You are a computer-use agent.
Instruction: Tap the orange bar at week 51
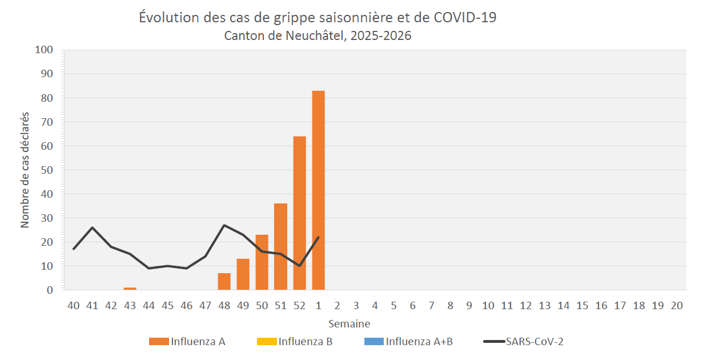point(280,247)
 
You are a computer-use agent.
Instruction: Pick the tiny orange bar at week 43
point(130,289)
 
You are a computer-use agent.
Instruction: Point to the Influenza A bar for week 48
point(224,282)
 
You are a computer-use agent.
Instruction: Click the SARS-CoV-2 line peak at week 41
point(93,227)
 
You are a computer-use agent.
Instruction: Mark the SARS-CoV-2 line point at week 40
point(74,249)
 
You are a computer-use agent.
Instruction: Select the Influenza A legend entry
point(187,342)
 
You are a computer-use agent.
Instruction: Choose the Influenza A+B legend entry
point(408,342)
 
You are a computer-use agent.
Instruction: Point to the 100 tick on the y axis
point(45,50)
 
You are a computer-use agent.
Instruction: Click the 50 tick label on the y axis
point(47,170)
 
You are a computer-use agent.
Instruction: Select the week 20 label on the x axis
point(676,306)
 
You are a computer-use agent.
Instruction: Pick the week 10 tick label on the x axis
point(488,306)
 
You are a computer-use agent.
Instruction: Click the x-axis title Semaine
point(349,324)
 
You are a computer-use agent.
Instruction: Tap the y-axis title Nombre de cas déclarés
point(26,170)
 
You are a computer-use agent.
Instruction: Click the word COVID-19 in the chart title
point(465,18)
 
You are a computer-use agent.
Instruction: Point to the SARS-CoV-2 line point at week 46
point(187,268)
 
